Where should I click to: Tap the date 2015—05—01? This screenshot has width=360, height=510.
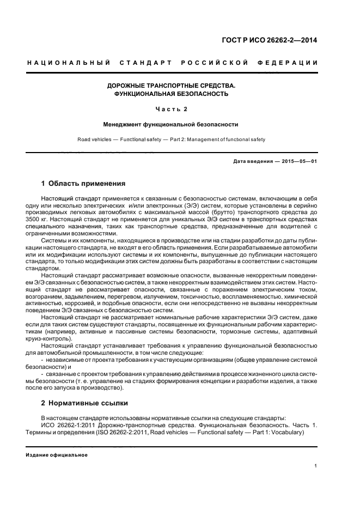click(299, 162)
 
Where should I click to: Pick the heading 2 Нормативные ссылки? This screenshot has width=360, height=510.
click(84, 403)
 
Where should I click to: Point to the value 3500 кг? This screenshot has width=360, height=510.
click(53, 218)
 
